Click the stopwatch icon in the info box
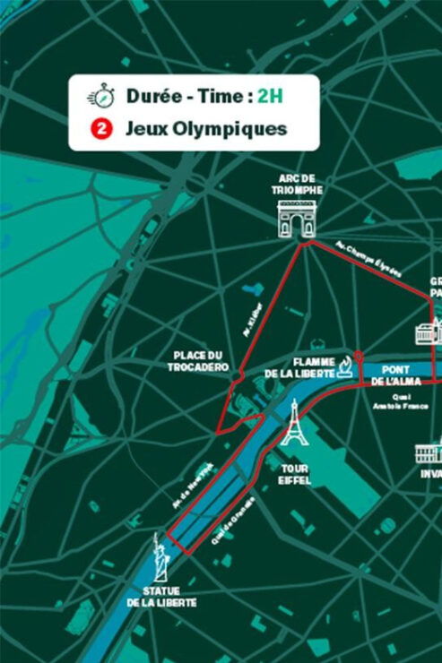coord(100,96)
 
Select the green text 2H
coord(268,96)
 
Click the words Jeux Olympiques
coord(206,129)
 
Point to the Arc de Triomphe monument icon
coord(296,219)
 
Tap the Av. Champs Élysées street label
coord(368,259)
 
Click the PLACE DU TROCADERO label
coord(198,361)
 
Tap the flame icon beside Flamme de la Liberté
coord(344,366)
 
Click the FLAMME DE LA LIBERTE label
coord(299,366)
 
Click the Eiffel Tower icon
coord(293,423)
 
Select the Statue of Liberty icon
coord(160,558)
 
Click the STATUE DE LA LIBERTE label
coord(161,597)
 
